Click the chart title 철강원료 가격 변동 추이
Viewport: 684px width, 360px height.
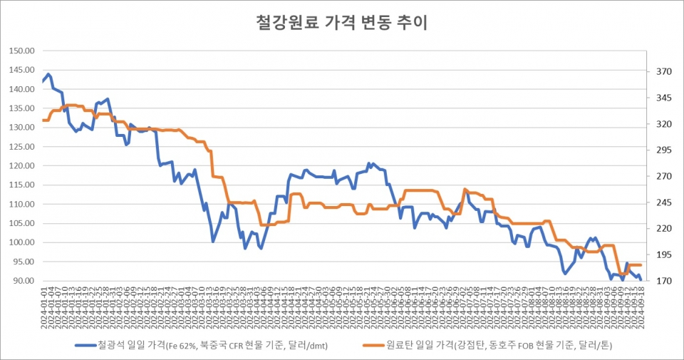tap(341, 23)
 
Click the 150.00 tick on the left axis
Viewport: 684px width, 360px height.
tap(23, 51)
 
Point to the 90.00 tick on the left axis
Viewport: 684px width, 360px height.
tap(24, 281)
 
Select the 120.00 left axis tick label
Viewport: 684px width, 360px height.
tap(23, 166)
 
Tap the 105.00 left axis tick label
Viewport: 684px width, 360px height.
tap(23, 223)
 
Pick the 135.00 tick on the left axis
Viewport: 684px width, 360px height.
tap(23, 108)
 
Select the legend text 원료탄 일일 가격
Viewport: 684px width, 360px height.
tap(484, 346)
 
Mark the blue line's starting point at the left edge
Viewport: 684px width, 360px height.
tap(43, 81)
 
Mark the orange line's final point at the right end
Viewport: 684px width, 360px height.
tap(641, 265)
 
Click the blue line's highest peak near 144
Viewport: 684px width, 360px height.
tap(48, 73)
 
